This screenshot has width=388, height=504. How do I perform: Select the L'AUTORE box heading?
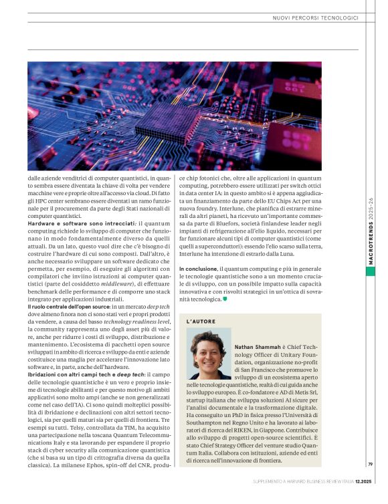click(201, 322)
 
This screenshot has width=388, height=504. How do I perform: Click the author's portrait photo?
click(208, 355)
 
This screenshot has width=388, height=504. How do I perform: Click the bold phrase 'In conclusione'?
click(197, 269)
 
